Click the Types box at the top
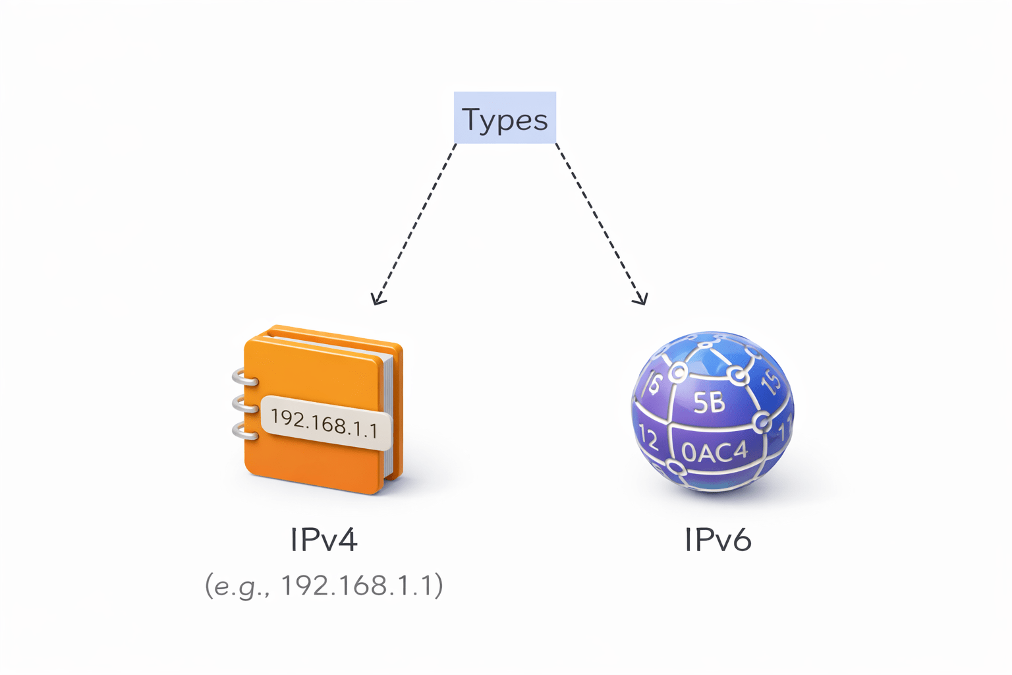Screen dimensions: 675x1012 pyautogui.click(x=505, y=118)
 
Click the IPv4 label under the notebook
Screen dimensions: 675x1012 pyautogui.click(x=323, y=540)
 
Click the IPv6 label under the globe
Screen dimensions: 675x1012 pyautogui.click(x=717, y=540)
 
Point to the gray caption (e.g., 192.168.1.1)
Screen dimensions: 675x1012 pyautogui.click(x=323, y=585)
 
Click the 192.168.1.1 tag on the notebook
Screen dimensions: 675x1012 pyautogui.click(x=325, y=423)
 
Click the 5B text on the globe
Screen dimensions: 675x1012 pyautogui.click(x=709, y=401)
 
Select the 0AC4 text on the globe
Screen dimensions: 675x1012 pyautogui.click(x=715, y=452)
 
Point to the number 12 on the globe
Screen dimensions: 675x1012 pyautogui.click(x=648, y=438)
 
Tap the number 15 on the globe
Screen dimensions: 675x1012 pyautogui.click(x=771, y=380)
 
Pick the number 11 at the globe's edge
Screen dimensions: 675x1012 pyautogui.click(x=785, y=432)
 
